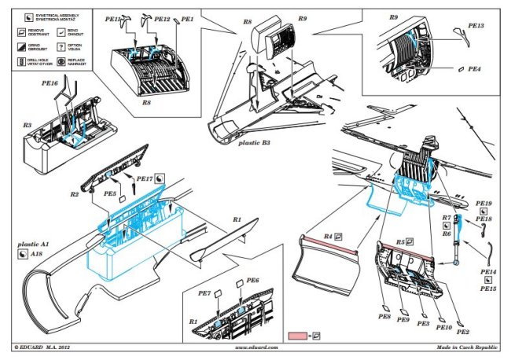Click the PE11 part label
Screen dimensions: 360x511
pyautogui.click(x=113, y=17)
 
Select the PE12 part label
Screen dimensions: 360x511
pyautogui.click(x=163, y=17)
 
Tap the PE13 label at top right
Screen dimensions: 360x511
pyautogui.click(x=476, y=26)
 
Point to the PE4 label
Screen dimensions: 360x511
pyautogui.click(x=475, y=70)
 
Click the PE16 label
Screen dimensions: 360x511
pyautogui.click(x=50, y=83)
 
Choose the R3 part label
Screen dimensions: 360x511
pyautogui.click(x=27, y=125)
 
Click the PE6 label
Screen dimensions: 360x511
pyautogui.click(x=252, y=281)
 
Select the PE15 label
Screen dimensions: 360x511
pyautogui.click(x=488, y=288)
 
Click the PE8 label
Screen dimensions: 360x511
pyautogui.click(x=384, y=317)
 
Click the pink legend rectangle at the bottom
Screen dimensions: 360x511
pyautogui.click(x=299, y=336)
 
